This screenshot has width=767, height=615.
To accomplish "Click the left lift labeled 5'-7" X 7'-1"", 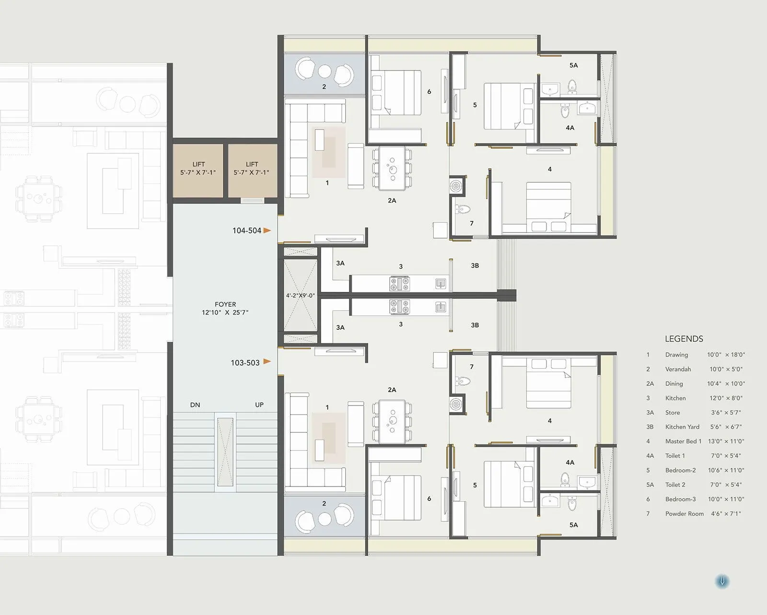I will (198, 168).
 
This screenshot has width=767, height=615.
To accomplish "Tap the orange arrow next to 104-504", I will (267, 231).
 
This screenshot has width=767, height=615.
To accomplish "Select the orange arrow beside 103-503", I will (267, 361).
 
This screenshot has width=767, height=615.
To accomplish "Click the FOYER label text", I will (225, 304).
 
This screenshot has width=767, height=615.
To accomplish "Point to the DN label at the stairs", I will (195, 405).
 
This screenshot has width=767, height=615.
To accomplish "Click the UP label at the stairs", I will (259, 405).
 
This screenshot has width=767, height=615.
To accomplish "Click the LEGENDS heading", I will (684, 339).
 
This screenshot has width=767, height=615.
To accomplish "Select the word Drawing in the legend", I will (676, 355).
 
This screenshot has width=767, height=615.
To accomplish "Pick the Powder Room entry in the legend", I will (684, 513).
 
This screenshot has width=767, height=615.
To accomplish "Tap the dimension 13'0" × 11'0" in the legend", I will (726, 441).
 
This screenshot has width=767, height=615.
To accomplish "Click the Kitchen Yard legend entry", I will (682, 427).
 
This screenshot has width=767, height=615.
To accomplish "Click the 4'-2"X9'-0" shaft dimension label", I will (301, 296).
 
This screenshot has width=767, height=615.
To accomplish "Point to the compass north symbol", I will (722, 581).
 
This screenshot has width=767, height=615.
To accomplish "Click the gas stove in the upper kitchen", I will (399, 283).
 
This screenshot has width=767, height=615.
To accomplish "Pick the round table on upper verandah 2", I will (325, 71).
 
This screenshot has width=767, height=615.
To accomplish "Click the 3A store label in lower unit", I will (340, 327).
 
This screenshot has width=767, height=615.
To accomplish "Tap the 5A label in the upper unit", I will (573, 65).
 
